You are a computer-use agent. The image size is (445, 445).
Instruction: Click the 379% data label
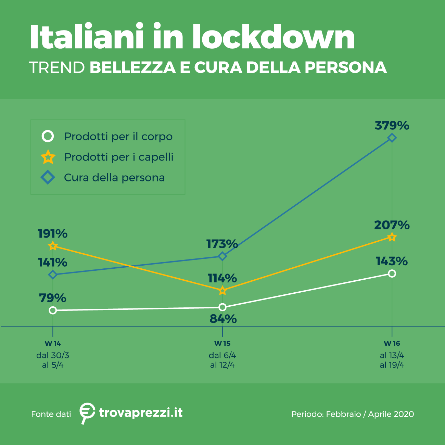(392, 126)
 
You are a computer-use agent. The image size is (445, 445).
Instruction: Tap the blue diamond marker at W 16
(392, 138)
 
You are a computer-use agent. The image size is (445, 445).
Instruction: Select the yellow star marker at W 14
(53, 246)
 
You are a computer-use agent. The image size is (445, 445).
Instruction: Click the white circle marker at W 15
(222, 307)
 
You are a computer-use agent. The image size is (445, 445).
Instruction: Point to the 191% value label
(52, 234)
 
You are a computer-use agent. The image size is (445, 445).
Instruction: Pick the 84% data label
(223, 319)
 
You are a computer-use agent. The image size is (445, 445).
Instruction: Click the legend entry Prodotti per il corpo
(118, 137)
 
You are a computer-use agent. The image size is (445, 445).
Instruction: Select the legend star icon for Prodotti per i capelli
(48, 157)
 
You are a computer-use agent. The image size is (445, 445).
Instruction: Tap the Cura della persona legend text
(114, 178)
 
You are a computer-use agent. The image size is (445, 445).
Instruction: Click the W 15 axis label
(222, 343)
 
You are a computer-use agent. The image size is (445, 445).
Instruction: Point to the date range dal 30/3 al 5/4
(53, 360)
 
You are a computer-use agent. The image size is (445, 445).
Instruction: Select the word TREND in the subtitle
(57, 67)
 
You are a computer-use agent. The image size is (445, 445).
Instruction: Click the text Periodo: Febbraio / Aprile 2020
(352, 414)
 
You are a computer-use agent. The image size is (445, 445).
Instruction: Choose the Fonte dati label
(51, 414)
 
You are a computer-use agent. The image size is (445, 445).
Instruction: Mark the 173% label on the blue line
(222, 244)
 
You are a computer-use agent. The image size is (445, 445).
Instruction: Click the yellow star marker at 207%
(392, 237)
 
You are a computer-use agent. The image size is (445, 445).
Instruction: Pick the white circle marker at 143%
(392, 274)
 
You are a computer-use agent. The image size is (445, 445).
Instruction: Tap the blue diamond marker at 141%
(53, 275)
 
